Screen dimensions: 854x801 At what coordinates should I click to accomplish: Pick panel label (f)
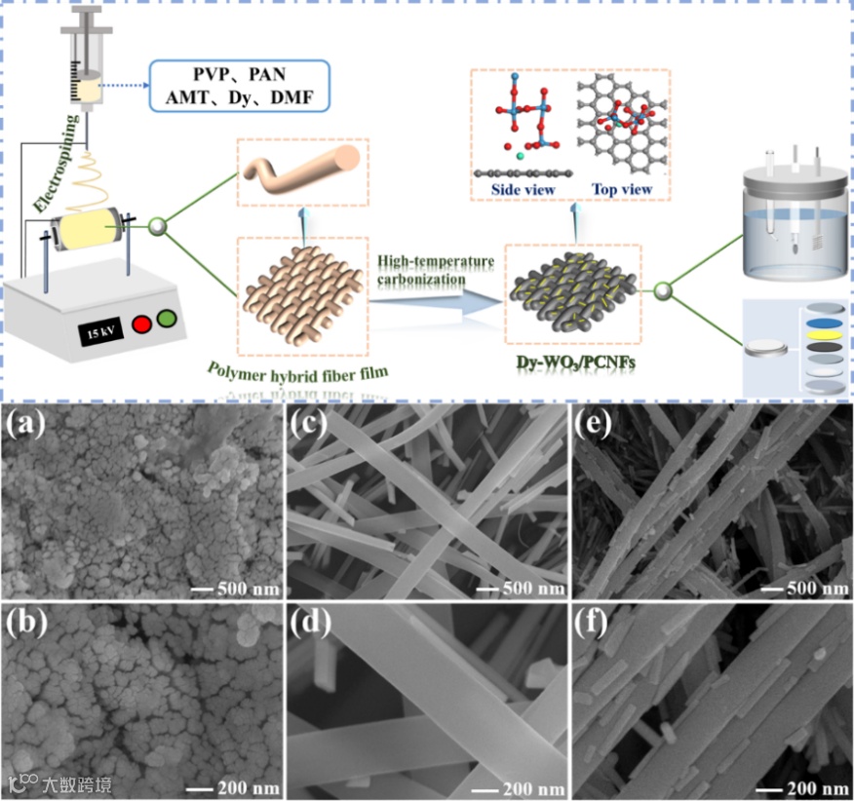[593, 626]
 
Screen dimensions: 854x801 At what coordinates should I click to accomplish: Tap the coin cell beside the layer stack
[764, 347]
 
